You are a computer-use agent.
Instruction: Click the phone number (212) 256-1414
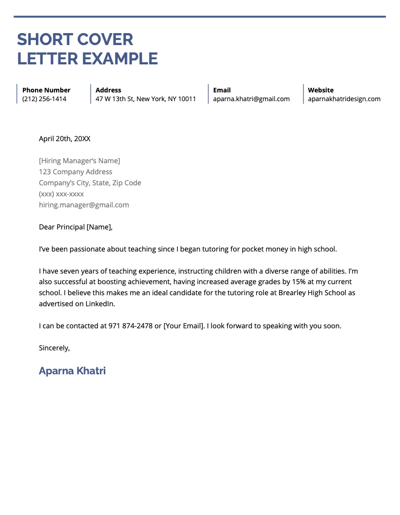(x=44, y=99)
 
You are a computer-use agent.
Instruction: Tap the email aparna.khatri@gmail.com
(x=251, y=99)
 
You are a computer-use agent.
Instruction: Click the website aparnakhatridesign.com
(x=344, y=99)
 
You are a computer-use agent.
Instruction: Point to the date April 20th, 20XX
(x=64, y=138)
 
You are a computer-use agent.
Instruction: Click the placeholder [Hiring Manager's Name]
(x=79, y=160)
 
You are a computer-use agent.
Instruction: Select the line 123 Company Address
(x=75, y=172)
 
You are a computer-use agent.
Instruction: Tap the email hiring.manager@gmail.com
(x=84, y=205)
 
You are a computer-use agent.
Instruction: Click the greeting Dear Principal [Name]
(x=75, y=227)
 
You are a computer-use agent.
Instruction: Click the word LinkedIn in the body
(x=100, y=303)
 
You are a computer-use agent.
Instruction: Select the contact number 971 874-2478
(x=130, y=326)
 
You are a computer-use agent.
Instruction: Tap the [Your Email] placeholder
(x=183, y=326)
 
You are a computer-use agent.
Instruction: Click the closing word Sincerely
(x=54, y=348)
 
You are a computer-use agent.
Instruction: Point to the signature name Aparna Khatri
(x=72, y=371)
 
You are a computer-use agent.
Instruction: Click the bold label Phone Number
(x=46, y=90)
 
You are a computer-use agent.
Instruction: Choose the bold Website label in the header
(x=320, y=90)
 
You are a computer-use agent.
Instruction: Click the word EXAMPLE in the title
(x=120, y=59)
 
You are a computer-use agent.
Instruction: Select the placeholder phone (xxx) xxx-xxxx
(x=61, y=194)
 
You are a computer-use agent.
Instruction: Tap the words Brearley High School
(x=311, y=292)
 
